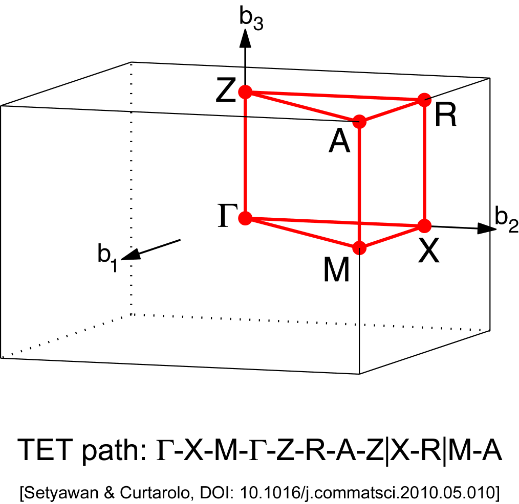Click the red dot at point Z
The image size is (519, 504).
tap(246, 93)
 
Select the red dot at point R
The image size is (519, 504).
tap(424, 100)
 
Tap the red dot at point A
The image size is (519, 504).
tap(360, 122)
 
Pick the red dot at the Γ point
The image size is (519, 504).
tap(246, 219)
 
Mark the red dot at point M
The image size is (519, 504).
tap(360, 247)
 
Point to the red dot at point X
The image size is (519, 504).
tap(424, 225)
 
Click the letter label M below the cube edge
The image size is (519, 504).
tap(337, 271)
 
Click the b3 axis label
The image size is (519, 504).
tap(251, 19)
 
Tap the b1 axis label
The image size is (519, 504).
tap(107, 257)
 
